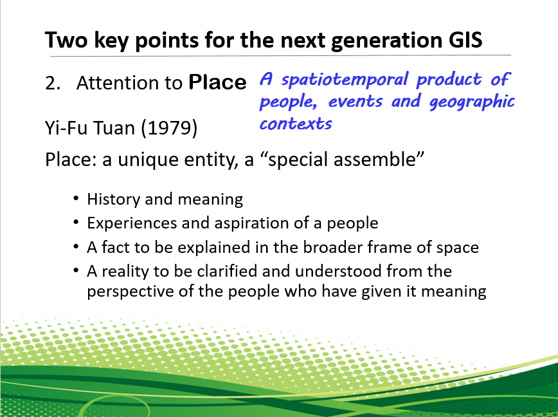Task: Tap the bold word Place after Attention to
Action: pyautogui.click(x=217, y=82)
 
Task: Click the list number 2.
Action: pyautogui.click(x=53, y=83)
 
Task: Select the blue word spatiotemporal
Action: pyautogui.click(x=345, y=79)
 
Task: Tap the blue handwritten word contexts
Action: pyautogui.click(x=296, y=124)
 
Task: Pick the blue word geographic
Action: pyautogui.click(x=472, y=102)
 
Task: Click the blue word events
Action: pyautogui.click(x=355, y=102)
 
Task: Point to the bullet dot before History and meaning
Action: pyautogui.click(x=76, y=198)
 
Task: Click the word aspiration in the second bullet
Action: pyautogui.click(x=251, y=224)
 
